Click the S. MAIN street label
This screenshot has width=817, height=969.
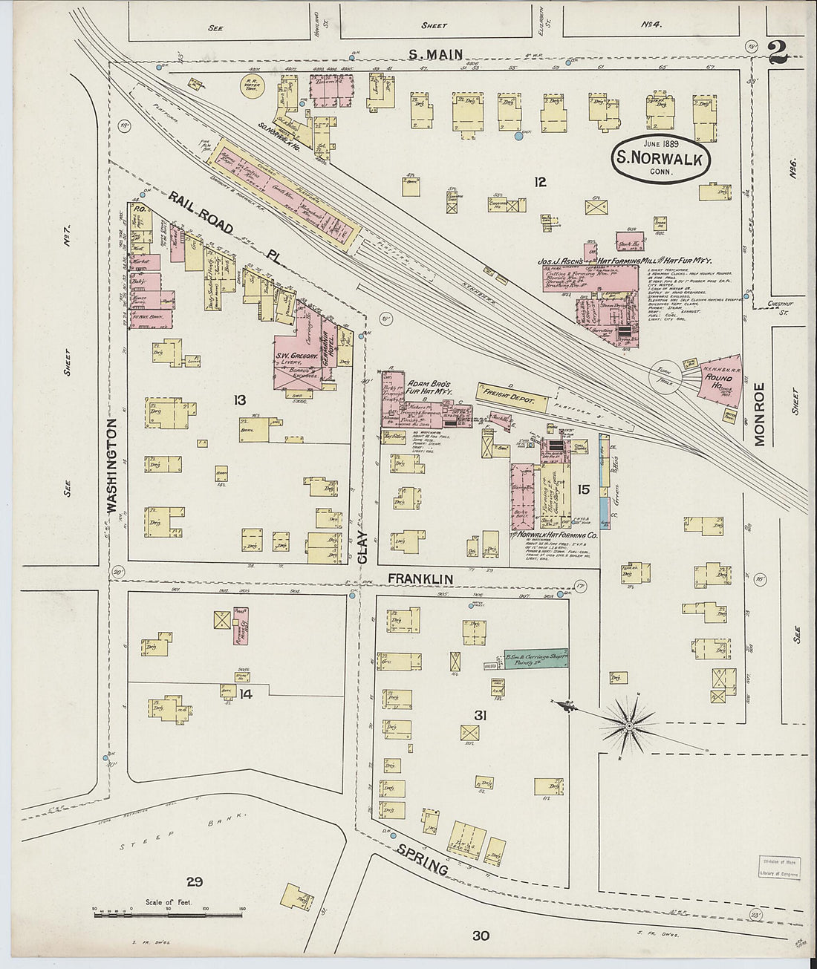[x=436, y=53]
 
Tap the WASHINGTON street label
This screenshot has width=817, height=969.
[x=113, y=466]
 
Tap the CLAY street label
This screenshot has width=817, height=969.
[x=363, y=547]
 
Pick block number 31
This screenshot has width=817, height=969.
[x=480, y=715]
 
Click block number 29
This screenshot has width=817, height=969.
[x=195, y=881]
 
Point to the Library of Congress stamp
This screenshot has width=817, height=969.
[x=779, y=867]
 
